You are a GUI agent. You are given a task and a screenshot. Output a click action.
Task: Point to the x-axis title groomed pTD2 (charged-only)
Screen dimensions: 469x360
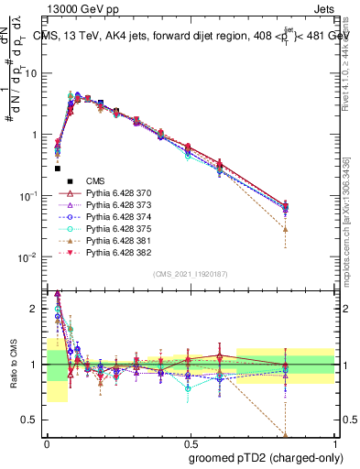click(x=267, y=458)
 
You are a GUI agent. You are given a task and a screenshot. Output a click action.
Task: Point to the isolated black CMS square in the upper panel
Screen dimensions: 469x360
click(x=58, y=169)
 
